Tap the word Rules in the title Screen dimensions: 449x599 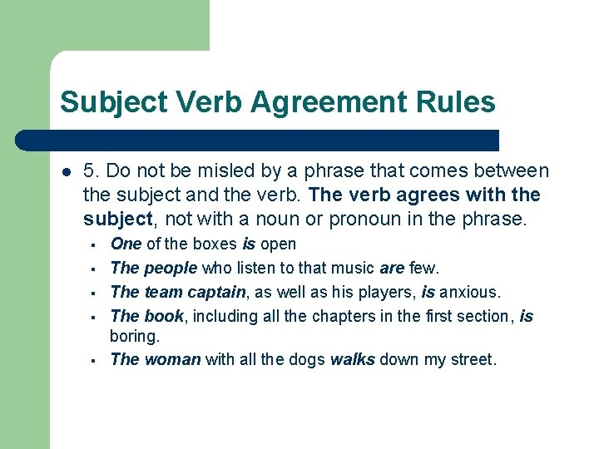click(461, 102)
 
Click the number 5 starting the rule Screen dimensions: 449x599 click(89, 171)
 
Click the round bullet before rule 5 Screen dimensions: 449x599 click(66, 172)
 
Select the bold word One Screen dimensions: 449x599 click(126, 244)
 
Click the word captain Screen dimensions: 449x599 click(217, 292)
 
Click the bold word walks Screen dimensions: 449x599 click(353, 360)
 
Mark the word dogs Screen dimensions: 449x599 click(307, 360)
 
